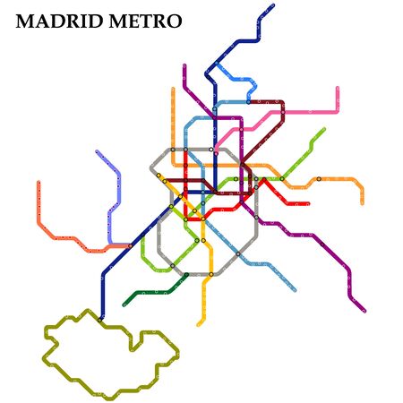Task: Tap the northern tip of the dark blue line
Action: [272, 6]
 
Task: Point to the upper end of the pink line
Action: [338, 88]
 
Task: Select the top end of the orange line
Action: [173, 88]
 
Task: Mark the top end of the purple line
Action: [184, 65]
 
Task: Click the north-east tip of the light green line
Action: [323, 130]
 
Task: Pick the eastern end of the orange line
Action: [362, 202]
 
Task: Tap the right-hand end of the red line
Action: [308, 204]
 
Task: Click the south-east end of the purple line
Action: [364, 311]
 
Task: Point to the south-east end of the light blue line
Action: [295, 290]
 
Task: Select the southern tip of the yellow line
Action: [199, 324]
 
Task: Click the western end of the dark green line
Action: [124, 304]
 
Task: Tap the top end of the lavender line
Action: [98, 151]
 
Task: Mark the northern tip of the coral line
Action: [39, 183]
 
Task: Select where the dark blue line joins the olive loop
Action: [100, 318]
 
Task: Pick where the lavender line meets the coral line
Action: [110, 244]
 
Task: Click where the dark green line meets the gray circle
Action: [187, 274]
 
